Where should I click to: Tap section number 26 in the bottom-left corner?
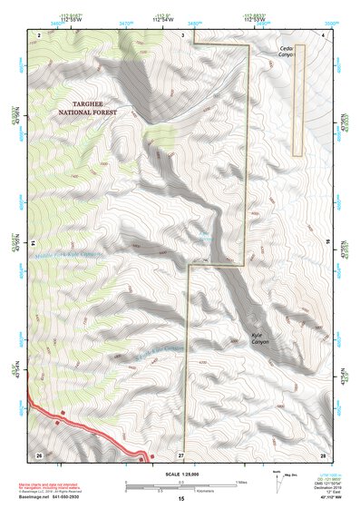click(39, 453)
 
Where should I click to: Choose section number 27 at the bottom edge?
click(180, 453)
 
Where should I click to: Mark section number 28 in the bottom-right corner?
click(322, 453)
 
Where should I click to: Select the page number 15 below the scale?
click(180, 499)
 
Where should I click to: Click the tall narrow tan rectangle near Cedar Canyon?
click(297, 101)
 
